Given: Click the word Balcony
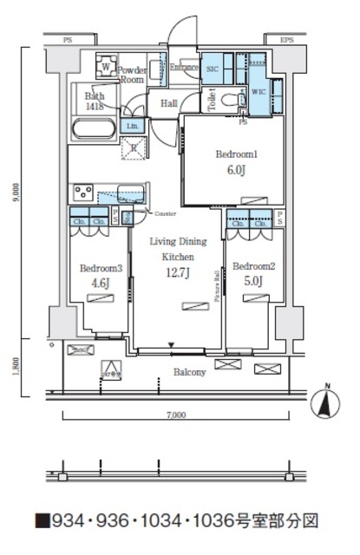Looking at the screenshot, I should (188, 372).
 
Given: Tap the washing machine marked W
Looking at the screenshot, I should (105, 67).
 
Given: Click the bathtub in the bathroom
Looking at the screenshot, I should (93, 130).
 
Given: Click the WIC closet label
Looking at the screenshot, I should (259, 90).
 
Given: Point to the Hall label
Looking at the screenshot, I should (170, 103).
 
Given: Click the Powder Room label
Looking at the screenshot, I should (133, 72).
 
